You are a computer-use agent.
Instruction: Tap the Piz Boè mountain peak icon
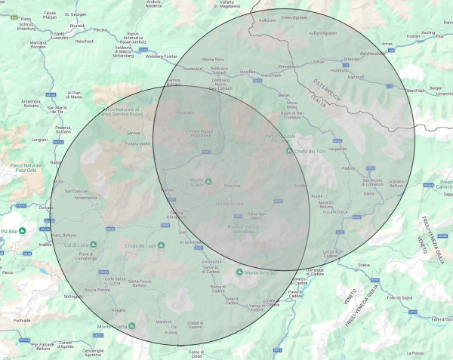click(23, 230)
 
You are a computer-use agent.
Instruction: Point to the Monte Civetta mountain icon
click(132, 326)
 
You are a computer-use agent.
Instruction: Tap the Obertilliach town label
click(415, 91)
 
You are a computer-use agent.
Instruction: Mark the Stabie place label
click(365, 266)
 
